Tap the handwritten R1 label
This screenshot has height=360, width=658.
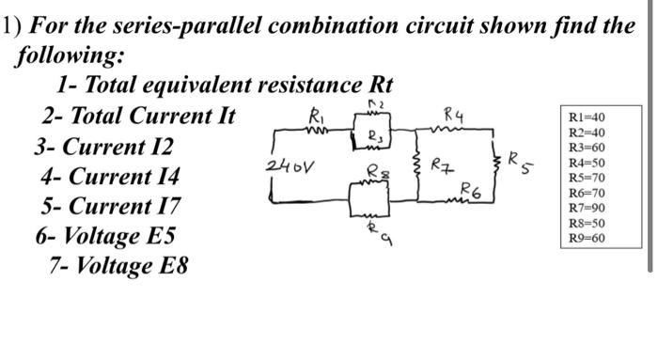tap(316, 117)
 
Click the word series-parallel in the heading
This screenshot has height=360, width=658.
tap(178, 26)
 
